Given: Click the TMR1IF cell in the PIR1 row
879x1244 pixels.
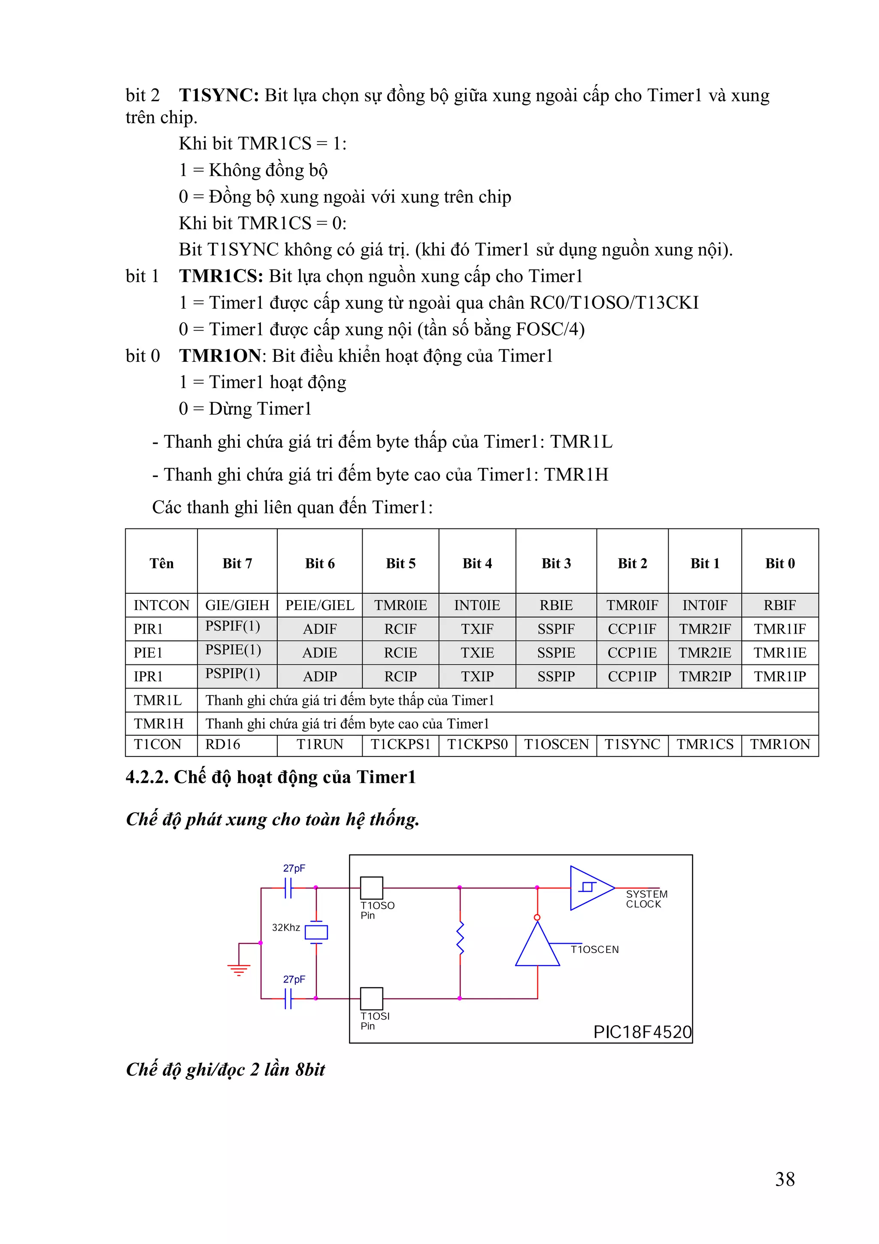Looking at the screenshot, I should click(779, 628).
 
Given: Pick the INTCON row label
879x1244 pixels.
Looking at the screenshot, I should click(161, 605).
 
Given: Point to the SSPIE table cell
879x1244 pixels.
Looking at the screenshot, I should click(556, 652).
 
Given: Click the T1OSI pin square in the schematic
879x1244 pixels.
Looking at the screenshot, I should click(372, 998).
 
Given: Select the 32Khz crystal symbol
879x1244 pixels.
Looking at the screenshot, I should click(316, 932).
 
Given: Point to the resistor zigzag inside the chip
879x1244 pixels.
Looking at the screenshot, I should click(461, 938).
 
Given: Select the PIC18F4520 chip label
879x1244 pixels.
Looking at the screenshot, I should click(643, 1032).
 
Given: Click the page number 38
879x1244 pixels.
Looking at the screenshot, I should click(785, 1179).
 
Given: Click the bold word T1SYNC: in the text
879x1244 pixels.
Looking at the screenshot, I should click(219, 95).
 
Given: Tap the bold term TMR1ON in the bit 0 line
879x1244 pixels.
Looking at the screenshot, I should click(220, 355).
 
